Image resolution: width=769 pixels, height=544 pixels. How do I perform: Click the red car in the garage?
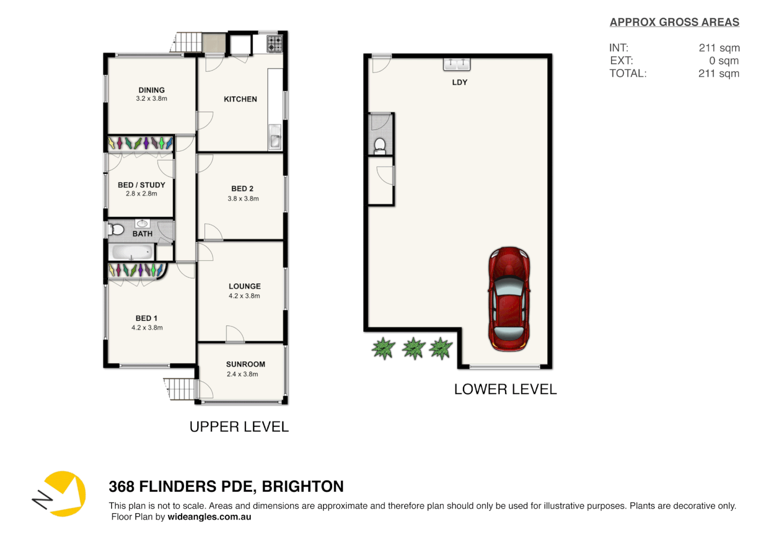click(x=509, y=299)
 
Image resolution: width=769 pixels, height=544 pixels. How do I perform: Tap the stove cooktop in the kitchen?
click(x=274, y=44)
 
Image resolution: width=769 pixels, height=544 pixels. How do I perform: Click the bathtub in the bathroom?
click(x=131, y=252)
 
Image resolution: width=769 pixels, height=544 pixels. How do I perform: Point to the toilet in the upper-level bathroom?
click(x=117, y=230)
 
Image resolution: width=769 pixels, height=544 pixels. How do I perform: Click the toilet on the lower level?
click(x=380, y=146)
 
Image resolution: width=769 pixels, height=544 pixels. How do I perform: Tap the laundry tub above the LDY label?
click(x=456, y=63)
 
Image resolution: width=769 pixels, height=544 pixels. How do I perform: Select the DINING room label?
click(x=151, y=90)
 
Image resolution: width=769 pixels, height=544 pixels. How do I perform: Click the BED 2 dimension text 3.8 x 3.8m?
click(x=243, y=198)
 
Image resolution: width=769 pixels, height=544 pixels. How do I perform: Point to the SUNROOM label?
click(x=245, y=364)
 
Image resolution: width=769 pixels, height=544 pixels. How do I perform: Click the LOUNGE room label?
click(x=245, y=286)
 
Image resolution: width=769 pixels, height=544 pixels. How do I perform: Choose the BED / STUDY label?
click(x=141, y=185)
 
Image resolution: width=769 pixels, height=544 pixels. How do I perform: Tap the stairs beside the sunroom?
click(x=180, y=389)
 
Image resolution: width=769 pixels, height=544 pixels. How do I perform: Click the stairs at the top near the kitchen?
click(x=187, y=42)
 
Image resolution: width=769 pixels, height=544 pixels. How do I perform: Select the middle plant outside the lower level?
click(x=414, y=348)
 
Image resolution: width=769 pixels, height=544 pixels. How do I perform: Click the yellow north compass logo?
click(x=62, y=494)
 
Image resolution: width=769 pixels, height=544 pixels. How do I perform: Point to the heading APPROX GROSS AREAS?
click(x=674, y=22)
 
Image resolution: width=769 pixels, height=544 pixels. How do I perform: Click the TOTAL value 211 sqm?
click(x=718, y=74)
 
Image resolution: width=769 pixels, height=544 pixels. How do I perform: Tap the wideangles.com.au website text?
click(x=209, y=517)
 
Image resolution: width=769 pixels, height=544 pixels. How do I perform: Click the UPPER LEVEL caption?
click(x=239, y=427)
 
